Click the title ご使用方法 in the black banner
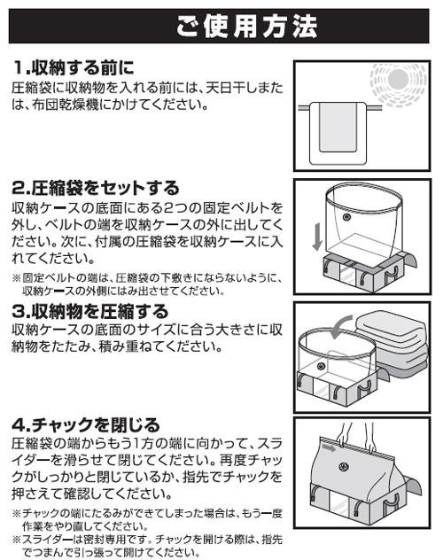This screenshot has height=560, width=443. (x=247, y=27)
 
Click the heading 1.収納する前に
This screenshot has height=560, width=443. (x=74, y=67)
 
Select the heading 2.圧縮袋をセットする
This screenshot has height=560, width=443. (x=96, y=188)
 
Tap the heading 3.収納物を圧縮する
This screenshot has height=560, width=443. (x=90, y=311)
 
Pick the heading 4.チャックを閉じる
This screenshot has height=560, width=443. (x=86, y=425)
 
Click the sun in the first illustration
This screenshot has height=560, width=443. (x=398, y=79)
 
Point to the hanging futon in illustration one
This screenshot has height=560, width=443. (x=338, y=133)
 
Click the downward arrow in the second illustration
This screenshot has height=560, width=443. (x=317, y=237)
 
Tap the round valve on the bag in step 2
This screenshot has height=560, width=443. (x=346, y=217)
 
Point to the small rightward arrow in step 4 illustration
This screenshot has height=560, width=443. (x=329, y=447)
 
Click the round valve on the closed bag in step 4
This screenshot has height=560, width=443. (x=344, y=466)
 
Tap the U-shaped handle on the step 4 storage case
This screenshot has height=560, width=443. (x=391, y=502)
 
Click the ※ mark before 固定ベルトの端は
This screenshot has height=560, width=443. (x=17, y=277)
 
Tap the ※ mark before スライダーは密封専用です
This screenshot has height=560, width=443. (x=17, y=540)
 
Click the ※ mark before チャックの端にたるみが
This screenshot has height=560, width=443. (x=17, y=514)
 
